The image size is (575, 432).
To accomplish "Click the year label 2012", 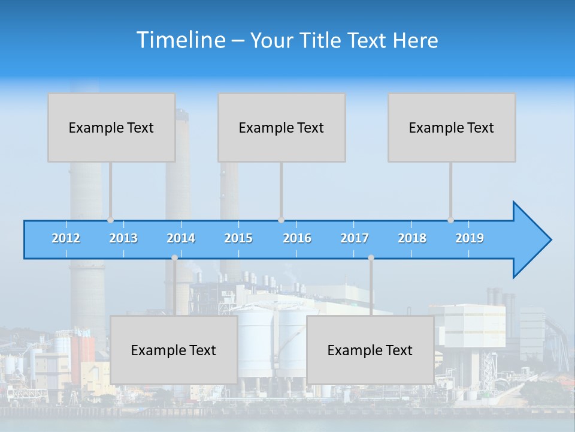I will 66,238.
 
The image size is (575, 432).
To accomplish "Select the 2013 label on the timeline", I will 123,238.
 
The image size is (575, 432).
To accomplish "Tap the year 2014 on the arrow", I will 181,238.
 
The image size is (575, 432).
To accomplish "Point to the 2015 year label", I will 238,238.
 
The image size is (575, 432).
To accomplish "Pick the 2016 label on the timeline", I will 297,238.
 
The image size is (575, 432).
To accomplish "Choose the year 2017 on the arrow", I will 355,238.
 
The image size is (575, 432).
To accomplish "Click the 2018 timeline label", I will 412,238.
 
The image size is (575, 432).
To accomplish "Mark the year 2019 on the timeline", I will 470,238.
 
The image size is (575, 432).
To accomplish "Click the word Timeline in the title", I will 181,40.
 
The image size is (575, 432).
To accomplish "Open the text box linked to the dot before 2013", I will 111,127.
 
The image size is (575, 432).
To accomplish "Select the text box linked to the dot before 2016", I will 282,127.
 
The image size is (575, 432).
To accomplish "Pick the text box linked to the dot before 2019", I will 452,127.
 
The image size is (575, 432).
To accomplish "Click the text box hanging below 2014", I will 174,350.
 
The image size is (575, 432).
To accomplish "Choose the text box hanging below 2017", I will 370,350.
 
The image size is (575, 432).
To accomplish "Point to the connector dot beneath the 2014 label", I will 174,257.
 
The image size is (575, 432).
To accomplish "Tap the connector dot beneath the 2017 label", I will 371,257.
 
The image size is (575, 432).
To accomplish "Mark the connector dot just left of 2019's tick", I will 451,220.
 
